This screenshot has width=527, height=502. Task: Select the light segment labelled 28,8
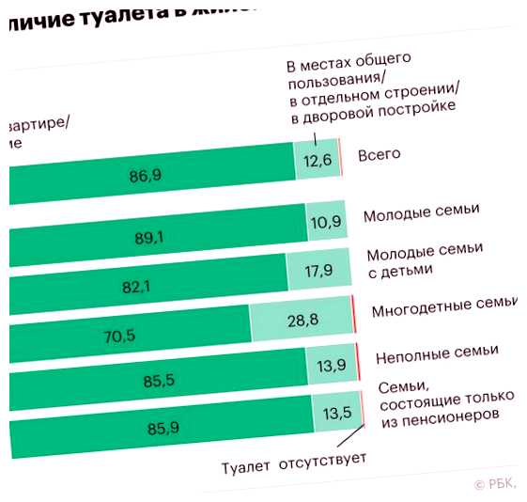pyautogui.click(x=301, y=321)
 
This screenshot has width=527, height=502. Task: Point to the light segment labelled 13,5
pyautogui.click(x=336, y=411)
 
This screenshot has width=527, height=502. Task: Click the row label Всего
pyautogui.click(x=380, y=154)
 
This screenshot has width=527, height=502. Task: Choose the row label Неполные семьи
pyautogui.click(x=436, y=354)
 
